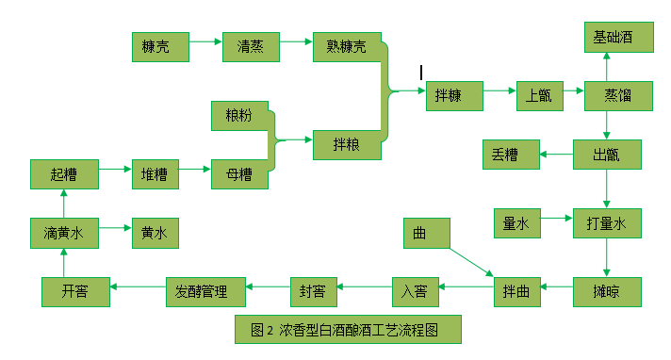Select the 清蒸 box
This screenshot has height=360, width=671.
click(x=252, y=46)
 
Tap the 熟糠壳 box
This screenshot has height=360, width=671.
click(x=346, y=46)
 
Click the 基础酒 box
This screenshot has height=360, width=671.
click(x=613, y=38)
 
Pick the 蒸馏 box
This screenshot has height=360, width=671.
click(x=613, y=95)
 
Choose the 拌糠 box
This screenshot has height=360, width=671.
click(x=454, y=95)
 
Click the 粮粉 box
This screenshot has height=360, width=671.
click(x=239, y=115)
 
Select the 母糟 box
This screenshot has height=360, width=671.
click(x=239, y=173)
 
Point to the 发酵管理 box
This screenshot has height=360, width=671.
click(x=205, y=290)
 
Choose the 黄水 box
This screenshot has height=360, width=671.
click(x=155, y=232)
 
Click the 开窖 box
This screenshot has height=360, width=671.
click(x=75, y=290)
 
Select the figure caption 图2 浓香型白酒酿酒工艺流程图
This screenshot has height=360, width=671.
click(x=349, y=330)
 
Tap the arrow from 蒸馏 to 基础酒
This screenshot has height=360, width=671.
click(x=607, y=67)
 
